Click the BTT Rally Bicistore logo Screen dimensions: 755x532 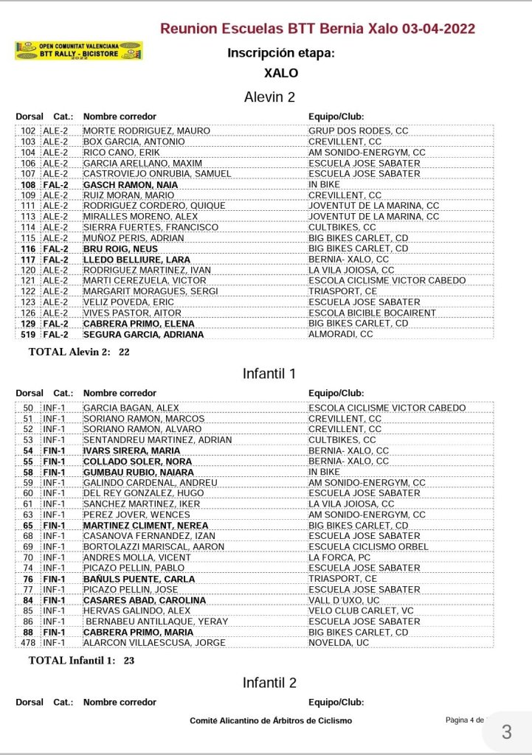pos(78,51)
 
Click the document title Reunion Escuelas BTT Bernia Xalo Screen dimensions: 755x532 pos(317,29)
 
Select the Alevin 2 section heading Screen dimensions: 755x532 pos(270,97)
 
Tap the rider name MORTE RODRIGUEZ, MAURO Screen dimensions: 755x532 pos(147,131)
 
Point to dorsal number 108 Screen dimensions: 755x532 pos(28,184)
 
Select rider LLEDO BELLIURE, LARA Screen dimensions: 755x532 pos(137,260)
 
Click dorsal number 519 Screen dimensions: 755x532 pos(28,334)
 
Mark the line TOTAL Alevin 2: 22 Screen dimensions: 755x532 pos(79,352)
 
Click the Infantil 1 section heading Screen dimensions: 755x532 pos(270,374)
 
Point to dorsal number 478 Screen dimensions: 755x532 pos(28,643)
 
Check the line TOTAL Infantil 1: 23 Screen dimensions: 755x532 pos(81,661)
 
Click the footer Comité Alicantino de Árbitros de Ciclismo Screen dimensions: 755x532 pos(271,720)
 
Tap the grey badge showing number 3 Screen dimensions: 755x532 pos(506,732)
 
